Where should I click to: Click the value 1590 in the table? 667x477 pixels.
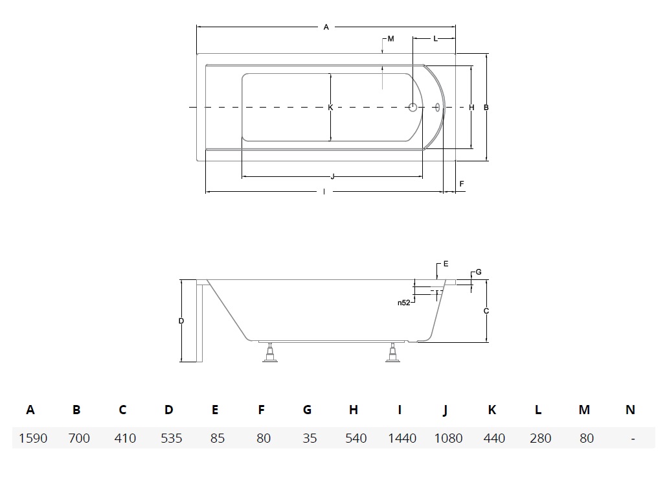coord(33,438)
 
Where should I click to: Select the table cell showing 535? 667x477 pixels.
coord(172,438)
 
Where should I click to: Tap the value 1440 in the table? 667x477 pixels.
coord(402,438)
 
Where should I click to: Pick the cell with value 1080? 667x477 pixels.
coord(448,438)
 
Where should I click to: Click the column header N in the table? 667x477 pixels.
coord(631,410)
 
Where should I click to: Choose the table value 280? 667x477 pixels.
coord(541,438)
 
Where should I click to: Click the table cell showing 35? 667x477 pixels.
coord(310,438)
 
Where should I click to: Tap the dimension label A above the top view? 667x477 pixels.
coord(326,27)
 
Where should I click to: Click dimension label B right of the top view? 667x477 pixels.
coord(486,108)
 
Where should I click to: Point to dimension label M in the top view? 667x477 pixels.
coord(391,39)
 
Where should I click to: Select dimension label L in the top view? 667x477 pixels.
coord(435,39)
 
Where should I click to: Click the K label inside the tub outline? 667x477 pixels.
coord(330,108)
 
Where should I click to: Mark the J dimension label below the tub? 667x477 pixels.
coord(333,177)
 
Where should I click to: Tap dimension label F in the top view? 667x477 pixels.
coord(462,184)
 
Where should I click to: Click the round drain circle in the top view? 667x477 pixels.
coord(413,108)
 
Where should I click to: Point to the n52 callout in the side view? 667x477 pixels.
coord(403,303)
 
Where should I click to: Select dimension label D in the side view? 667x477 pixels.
coord(181,321)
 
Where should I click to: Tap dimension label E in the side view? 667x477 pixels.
coord(446,264)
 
